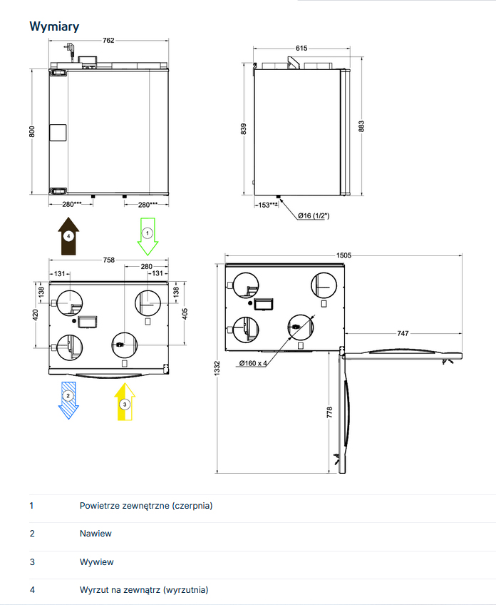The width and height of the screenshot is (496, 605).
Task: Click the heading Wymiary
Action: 54,26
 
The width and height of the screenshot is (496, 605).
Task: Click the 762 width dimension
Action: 108,40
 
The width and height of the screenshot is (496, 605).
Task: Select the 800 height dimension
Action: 32,131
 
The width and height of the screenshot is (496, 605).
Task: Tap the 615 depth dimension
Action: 301,49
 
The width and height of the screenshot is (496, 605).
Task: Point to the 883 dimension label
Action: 361,126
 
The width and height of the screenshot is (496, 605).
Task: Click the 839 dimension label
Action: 243,129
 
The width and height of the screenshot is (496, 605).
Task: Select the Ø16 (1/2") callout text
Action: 314,215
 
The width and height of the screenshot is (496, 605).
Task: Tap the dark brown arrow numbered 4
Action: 68,235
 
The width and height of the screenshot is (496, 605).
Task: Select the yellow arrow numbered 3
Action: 125,401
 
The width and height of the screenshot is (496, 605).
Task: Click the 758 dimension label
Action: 109,260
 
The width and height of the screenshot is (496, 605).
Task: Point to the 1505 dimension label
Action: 343,255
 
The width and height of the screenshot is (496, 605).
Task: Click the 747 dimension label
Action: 403,333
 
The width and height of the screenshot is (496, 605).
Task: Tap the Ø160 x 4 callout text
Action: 253,363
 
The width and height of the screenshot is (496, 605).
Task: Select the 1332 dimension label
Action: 217,368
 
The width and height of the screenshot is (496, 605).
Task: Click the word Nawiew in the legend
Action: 95,533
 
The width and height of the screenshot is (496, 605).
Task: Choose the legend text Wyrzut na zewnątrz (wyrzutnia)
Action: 144,589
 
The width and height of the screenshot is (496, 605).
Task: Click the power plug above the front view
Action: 70,49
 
